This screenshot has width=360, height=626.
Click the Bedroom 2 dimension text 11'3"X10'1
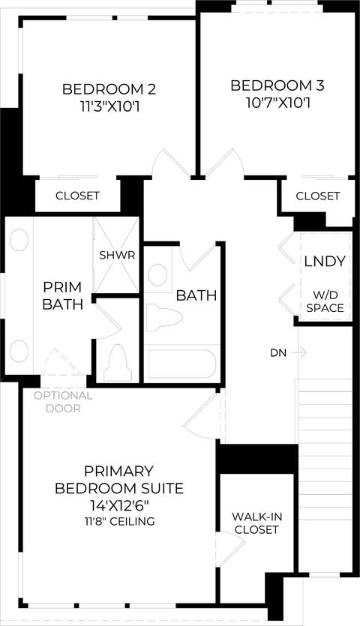[109, 106]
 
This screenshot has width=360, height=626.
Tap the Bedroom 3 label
[277, 85]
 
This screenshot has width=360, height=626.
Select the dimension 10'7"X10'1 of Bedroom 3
[278, 103]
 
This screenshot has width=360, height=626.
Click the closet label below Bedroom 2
[77, 196]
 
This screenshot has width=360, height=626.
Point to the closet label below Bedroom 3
[318, 196]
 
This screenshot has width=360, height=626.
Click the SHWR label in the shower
[117, 255]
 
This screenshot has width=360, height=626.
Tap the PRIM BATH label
[63, 295]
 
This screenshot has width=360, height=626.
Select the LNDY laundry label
[325, 262]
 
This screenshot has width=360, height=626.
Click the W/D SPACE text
[325, 302]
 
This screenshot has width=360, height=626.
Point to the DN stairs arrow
[298, 352]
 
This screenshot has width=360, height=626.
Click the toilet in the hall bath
[163, 317]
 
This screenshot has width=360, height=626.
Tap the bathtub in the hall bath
[181, 364]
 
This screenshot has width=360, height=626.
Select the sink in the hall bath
[157, 274]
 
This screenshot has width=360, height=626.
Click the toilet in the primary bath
[118, 363]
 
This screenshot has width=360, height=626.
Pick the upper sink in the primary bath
[19, 241]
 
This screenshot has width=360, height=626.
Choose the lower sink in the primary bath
[19, 351]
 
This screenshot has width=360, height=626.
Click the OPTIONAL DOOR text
[63, 402]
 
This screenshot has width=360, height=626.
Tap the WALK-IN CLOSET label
[256, 523]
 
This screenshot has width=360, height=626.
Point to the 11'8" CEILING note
[119, 521]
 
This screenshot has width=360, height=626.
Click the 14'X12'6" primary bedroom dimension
[119, 505]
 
